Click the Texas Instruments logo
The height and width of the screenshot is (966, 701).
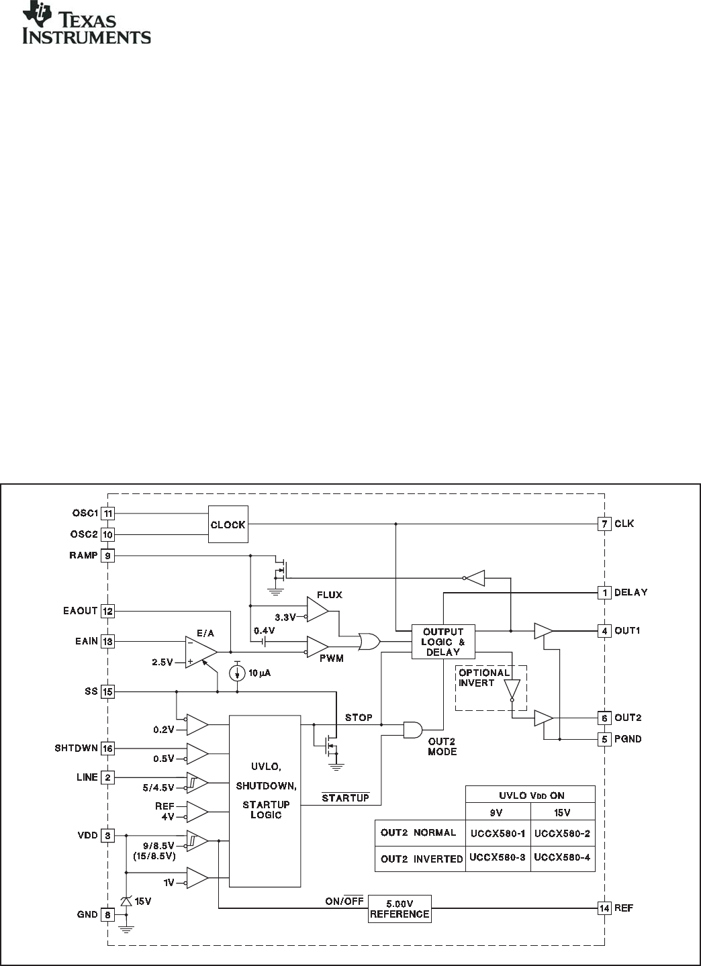pyautogui.click(x=87, y=26)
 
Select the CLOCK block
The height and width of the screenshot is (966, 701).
pyautogui.click(x=228, y=524)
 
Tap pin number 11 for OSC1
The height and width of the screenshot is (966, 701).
pyautogui.click(x=108, y=514)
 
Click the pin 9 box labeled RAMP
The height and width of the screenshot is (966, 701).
pyautogui.click(x=108, y=556)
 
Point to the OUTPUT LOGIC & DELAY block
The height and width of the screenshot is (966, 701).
pyautogui.click(x=442, y=642)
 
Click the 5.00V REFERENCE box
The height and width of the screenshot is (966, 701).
pyautogui.click(x=399, y=908)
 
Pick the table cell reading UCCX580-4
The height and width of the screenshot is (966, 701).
pyautogui.click(x=562, y=858)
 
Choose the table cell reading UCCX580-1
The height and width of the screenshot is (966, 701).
pyautogui.click(x=497, y=833)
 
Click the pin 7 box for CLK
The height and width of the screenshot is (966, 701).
pyautogui.click(x=604, y=524)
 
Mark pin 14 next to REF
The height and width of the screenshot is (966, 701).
pyautogui.click(x=604, y=908)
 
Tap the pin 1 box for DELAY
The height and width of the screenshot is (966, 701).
pyautogui.click(x=604, y=592)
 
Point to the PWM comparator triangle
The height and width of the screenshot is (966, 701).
pyautogui.click(x=317, y=646)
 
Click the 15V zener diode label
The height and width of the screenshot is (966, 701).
pyautogui.click(x=143, y=902)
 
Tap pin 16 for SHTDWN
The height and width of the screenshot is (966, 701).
pyautogui.click(x=108, y=748)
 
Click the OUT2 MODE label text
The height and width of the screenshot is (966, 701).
pyautogui.click(x=442, y=746)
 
